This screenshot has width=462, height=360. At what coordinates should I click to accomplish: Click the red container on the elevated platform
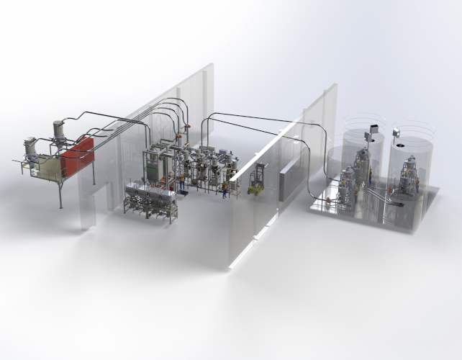pos(76,156)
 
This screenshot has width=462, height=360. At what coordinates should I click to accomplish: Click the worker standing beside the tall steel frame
pos(183,183)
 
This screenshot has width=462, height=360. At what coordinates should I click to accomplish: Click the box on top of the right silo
pos(396,132)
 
